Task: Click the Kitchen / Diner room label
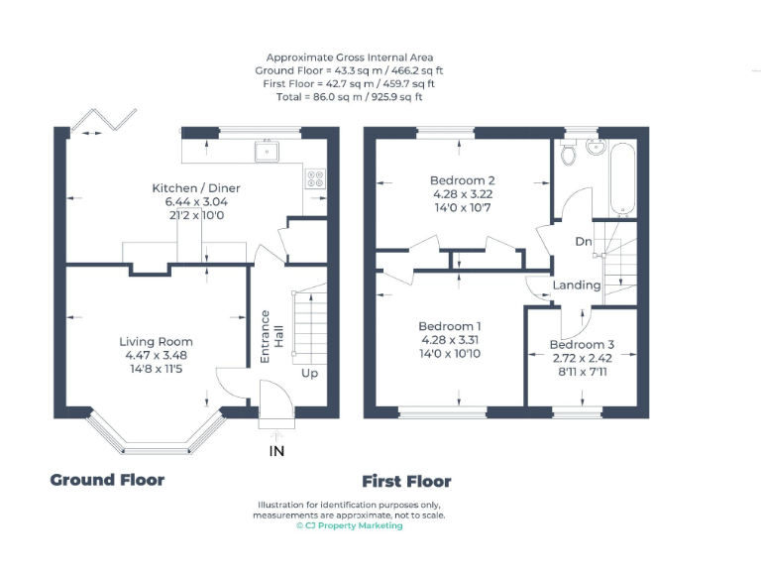[x=195, y=188]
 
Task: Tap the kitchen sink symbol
[x=267, y=152]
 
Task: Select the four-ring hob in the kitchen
[x=316, y=179]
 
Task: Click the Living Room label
[x=157, y=342]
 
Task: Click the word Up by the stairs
[x=310, y=375]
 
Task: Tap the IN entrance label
[x=276, y=451]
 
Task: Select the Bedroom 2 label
[x=462, y=180]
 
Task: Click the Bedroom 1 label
[x=450, y=327]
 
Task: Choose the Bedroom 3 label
[x=582, y=345]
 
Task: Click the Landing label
[x=577, y=285]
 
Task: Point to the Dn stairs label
[x=584, y=241]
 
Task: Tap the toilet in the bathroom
[x=569, y=154]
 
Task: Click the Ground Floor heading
[x=107, y=480]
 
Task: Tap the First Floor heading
[x=406, y=482]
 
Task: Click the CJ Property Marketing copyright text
[x=349, y=526]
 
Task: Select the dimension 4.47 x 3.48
[x=157, y=355]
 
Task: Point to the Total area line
[x=350, y=97]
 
